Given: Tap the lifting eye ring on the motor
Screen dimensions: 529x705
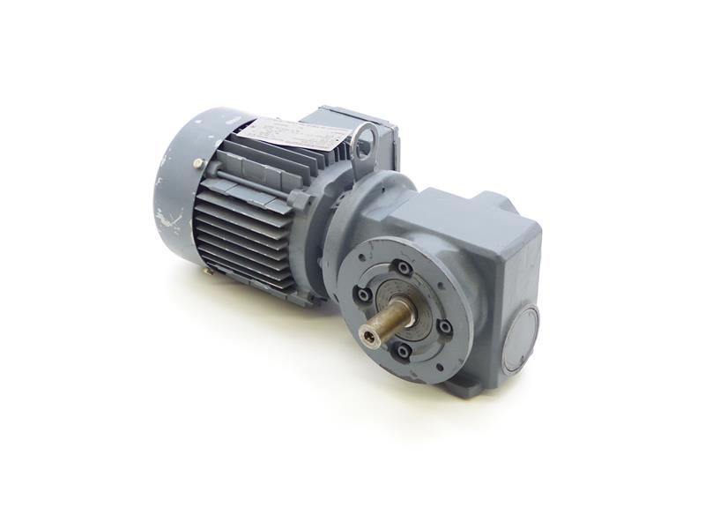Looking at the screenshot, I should coord(364,140).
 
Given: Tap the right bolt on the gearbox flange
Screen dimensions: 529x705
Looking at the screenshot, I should coord(444,327).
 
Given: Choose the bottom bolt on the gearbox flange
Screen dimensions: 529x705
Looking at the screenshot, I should coord(403,353).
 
